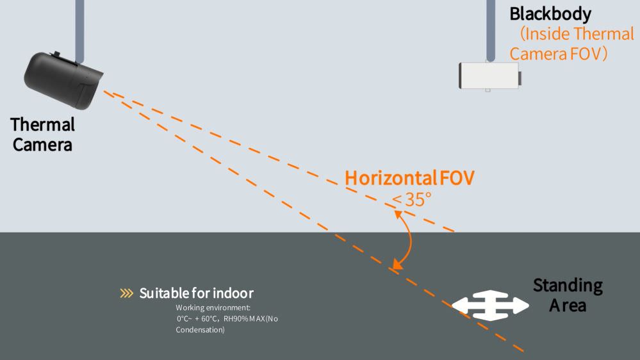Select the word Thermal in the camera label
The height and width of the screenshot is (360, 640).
point(42,124)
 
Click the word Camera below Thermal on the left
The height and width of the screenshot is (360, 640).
point(42,145)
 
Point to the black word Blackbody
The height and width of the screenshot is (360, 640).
point(550,13)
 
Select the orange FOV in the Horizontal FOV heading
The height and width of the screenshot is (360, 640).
point(457,178)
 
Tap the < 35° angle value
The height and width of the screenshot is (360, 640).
point(412,199)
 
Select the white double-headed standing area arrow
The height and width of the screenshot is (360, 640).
point(490,306)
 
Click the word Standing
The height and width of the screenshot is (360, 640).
point(568,285)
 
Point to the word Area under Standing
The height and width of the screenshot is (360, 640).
point(568,306)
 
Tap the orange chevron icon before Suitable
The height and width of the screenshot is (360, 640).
point(126,293)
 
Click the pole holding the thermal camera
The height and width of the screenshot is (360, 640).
point(80,29)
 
